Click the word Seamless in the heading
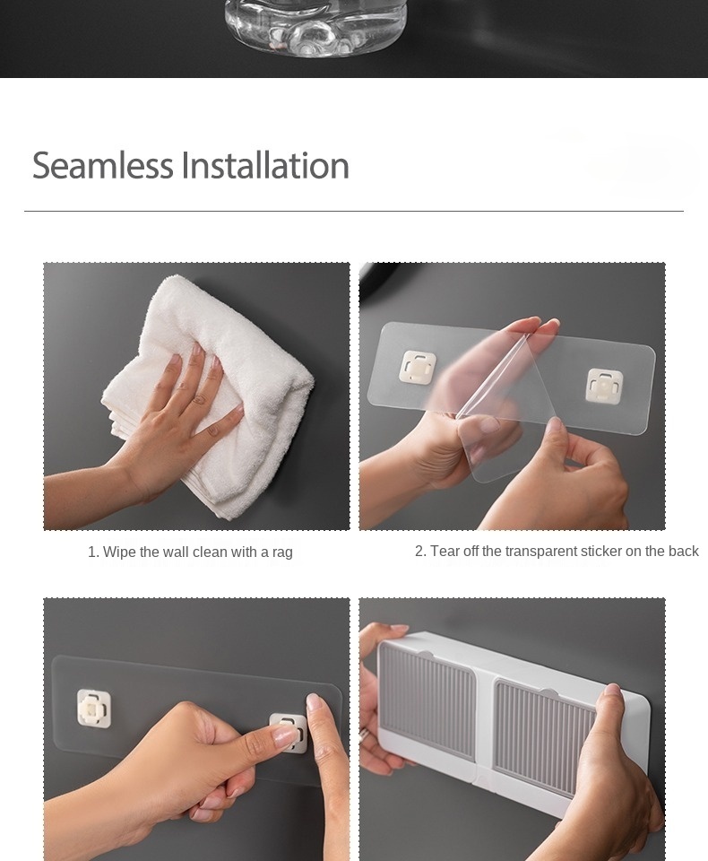[103, 165]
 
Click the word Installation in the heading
[265, 165]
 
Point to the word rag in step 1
[282, 552]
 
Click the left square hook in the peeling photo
[418, 368]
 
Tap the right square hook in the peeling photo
[604, 386]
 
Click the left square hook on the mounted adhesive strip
[94, 709]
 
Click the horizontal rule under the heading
[354, 211]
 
